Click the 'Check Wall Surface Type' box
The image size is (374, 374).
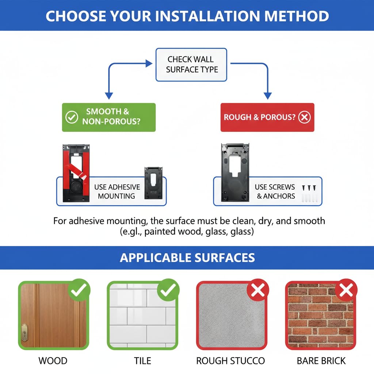click(x=191, y=65)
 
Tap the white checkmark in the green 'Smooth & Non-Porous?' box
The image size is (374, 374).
click(x=72, y=117)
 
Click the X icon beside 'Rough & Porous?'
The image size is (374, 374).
click(x=304, y=117)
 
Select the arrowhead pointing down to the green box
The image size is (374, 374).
click(x=109, y=96)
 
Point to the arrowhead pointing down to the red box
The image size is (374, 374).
click(x=268, y=96)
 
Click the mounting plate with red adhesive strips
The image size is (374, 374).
click(x=76, y=173)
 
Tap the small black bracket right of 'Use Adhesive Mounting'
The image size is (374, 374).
click(x=153, y=183)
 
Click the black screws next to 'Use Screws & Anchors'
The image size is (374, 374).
click(x=309, y=188)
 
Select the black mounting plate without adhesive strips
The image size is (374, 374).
click(x=235, y=173)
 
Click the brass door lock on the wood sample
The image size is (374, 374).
click(x=24, y=333)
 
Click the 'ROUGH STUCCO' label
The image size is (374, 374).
click(x=230, y=361)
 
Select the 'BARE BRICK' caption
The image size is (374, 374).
click(x=321, y=361)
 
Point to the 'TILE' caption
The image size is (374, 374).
click(x=142, y=361)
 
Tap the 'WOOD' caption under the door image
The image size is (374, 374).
click(x=53, y=361)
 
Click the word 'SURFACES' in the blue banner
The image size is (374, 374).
click(x=225, y=258)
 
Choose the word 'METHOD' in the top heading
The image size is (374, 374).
click(x=297, y=16)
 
